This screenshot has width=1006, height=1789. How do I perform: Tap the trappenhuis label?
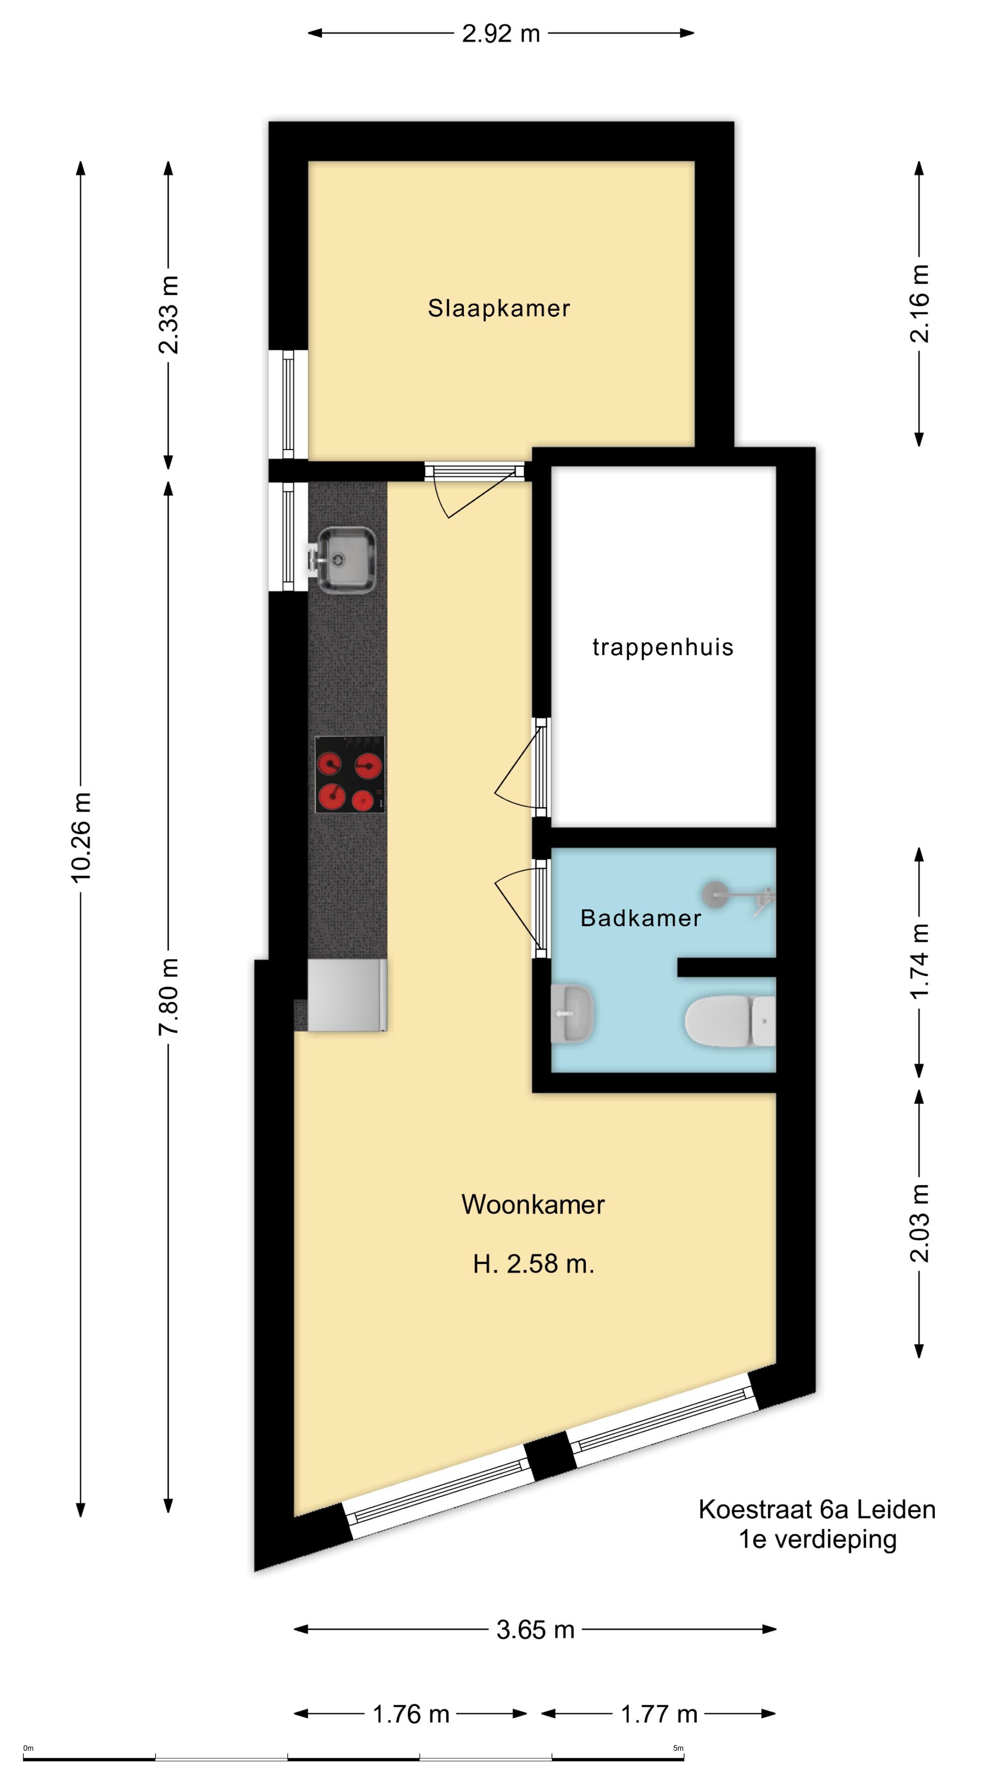[662, 647]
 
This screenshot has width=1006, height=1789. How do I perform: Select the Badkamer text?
[640, 918]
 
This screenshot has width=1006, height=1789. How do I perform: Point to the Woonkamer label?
[532, 1204]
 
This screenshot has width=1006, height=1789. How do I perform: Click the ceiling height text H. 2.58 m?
[533, 1263]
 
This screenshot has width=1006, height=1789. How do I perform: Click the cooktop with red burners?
[350, 774]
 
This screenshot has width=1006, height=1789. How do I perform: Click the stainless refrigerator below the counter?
[347, 995]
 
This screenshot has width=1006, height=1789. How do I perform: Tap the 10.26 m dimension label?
[81, 837]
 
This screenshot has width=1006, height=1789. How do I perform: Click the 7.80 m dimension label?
[169, 996]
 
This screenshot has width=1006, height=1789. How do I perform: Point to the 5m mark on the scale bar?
[678, 1748]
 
